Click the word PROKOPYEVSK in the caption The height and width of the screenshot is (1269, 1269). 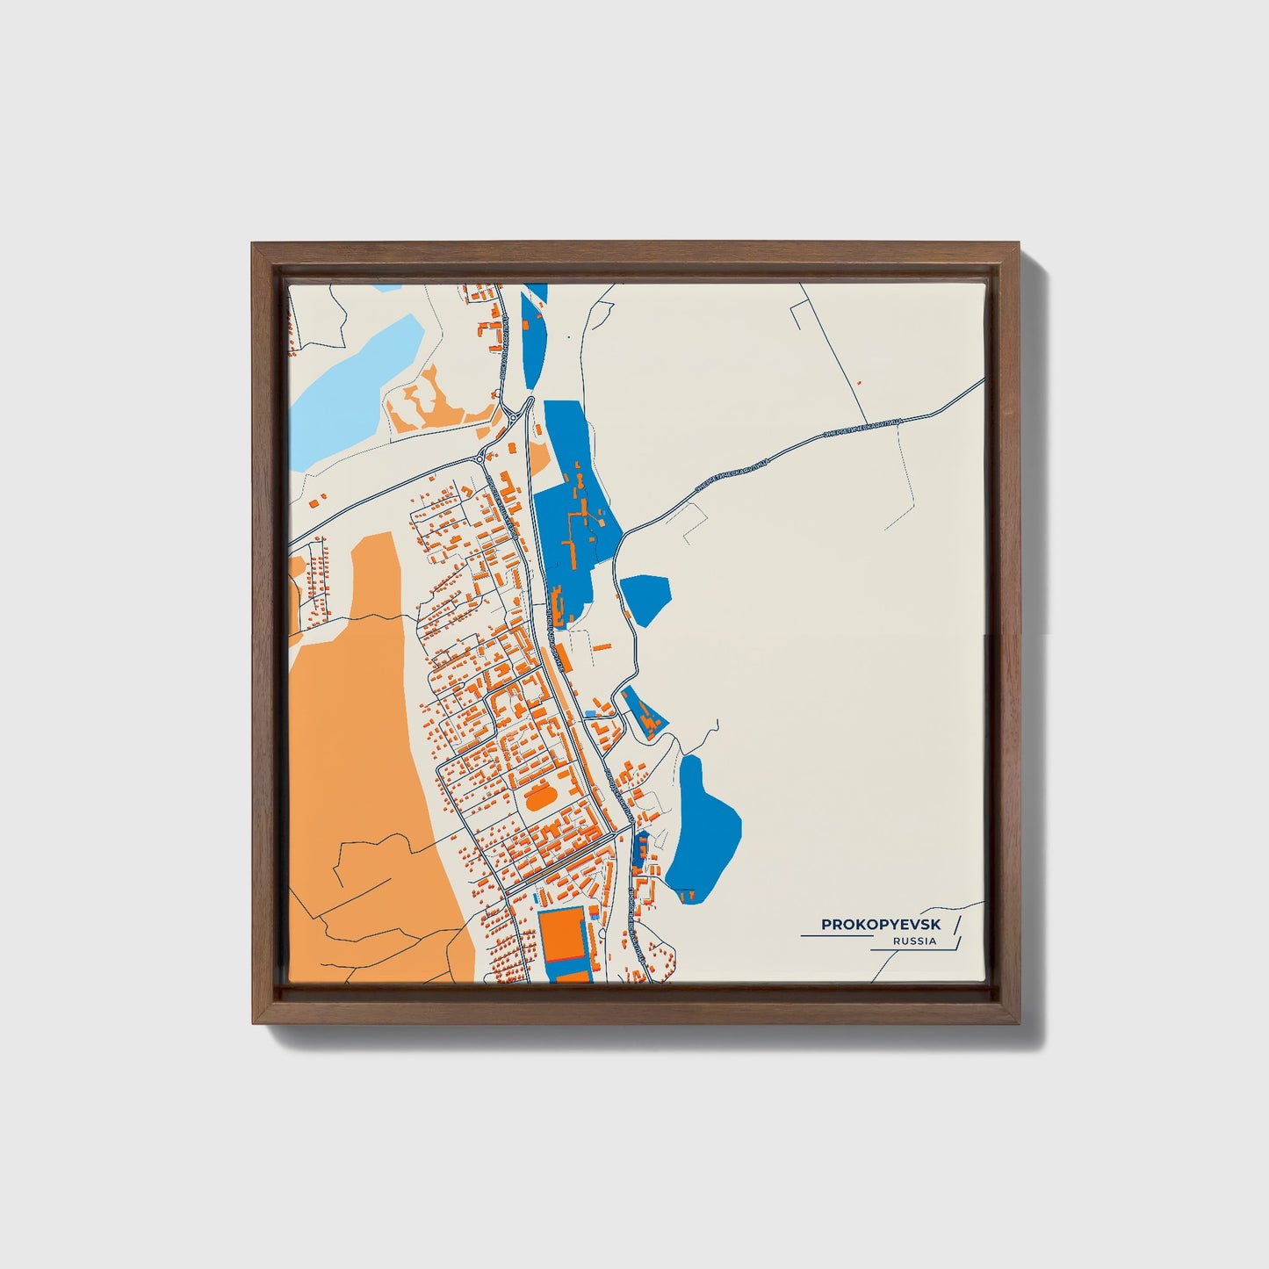(x=880, y=925)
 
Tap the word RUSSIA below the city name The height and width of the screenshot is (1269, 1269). (x=913, y=941)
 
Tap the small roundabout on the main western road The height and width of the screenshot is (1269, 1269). (x=479, y=458)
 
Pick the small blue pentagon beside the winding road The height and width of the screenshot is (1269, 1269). (x=646, y=597)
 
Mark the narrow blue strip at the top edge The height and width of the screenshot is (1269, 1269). (x=532, y=329)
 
